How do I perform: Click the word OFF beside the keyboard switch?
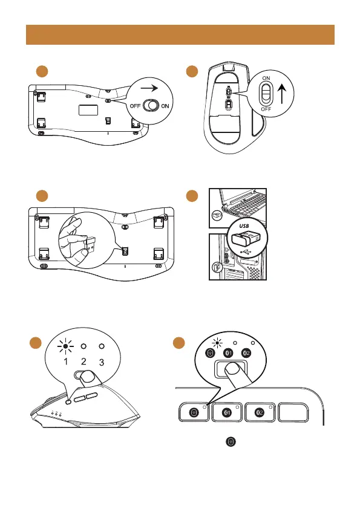[x=135, y=106]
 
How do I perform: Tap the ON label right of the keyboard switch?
[x=165, y=106]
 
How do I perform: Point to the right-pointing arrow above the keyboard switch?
[x=149, y=88]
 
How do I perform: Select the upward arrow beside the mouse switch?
[x=282, y=93]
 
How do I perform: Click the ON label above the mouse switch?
[x=266, y=78]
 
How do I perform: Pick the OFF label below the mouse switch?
[x=266, y=109]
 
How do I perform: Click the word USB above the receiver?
[x=244, y=226]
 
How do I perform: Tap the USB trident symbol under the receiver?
[x=244, y=251]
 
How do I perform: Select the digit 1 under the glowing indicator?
[x=65, y=361]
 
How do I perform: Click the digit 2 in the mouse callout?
[x=83, y=361]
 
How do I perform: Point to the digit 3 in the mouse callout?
[x=102, y=362]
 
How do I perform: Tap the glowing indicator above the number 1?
[x=65, y=346]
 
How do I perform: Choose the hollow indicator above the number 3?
[x=102, y=346]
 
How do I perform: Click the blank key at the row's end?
[x=293, y=412]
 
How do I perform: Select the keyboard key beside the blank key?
[x=260, y=412]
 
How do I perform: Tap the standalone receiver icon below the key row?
[x=231, y=441]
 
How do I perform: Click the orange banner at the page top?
[x=180, y=34]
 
